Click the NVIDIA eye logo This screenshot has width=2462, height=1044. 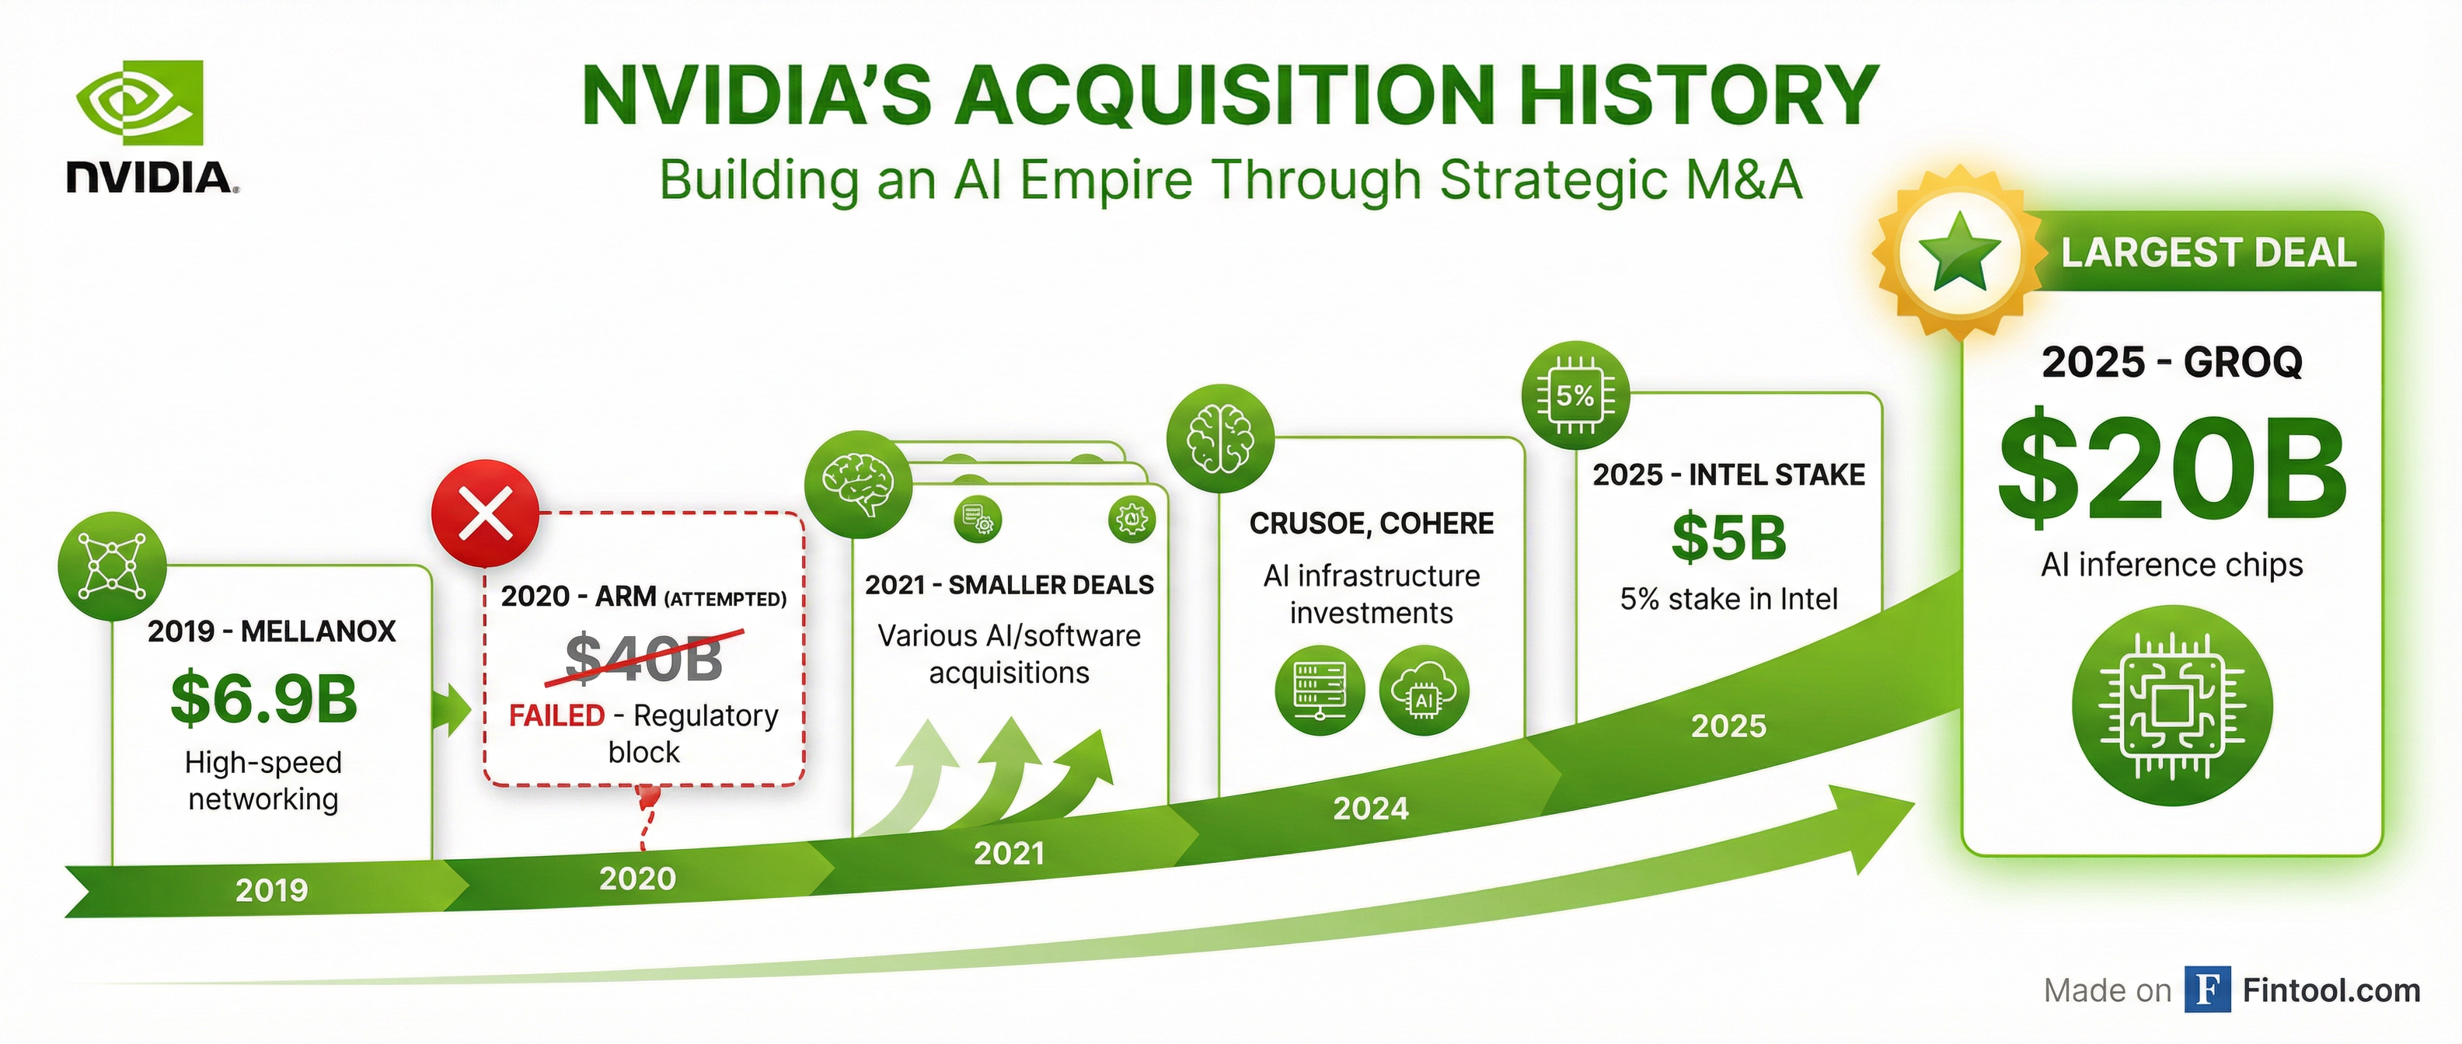coord(140,103)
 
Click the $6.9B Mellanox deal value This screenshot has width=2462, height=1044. coord(263,698)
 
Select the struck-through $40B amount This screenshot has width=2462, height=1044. coord(644,657)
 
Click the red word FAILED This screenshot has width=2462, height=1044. coord(556,715)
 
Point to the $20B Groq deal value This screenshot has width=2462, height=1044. coord(2171,468)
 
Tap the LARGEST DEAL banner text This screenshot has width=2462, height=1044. coord(2208,253)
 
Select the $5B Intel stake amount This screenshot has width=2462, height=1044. coord(1729,537)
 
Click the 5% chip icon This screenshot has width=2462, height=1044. coord(1575,395)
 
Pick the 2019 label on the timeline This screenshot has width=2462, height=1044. coord(271,890)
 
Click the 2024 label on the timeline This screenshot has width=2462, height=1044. coord(1371,809)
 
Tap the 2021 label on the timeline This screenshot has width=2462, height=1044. coord(1010,853)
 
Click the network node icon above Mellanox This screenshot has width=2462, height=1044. coord(112,565)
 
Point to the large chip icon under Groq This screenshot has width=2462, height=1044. coord(2171,706)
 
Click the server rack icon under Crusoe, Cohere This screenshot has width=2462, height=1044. coord(1320,691)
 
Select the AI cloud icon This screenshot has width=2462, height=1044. coord(1424,691)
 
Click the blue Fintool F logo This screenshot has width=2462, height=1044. coord(2208,990)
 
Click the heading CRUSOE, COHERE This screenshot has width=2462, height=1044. coord(1372,524)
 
